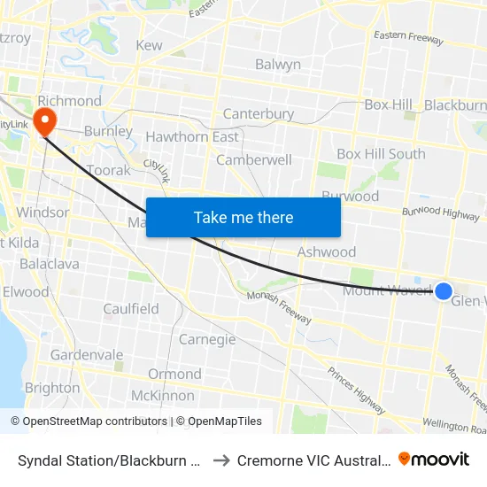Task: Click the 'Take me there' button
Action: tap(243, 217)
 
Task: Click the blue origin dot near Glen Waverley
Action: tap(444, 291)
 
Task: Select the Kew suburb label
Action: tap(149, 45)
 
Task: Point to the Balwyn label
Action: tap(278, 64)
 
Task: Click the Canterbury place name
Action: tap(259, 113)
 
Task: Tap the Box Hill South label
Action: tap(381, 153)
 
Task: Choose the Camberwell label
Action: tap(254, 160)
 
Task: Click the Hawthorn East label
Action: tap(192, 136)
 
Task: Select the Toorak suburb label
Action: tap(109, 170)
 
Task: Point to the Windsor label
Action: tap(43, 213)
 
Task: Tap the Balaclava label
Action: tap(50, 264)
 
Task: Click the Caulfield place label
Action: tap(131, 309)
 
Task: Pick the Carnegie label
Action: tap(207, 339)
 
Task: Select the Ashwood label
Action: tap(327, 251)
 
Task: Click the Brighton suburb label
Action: tap(52, 388)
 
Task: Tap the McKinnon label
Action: tap(162, 395)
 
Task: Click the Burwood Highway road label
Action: tap(440, 213)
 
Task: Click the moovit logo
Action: tap(434, 460)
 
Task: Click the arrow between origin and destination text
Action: tap(221, 460)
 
